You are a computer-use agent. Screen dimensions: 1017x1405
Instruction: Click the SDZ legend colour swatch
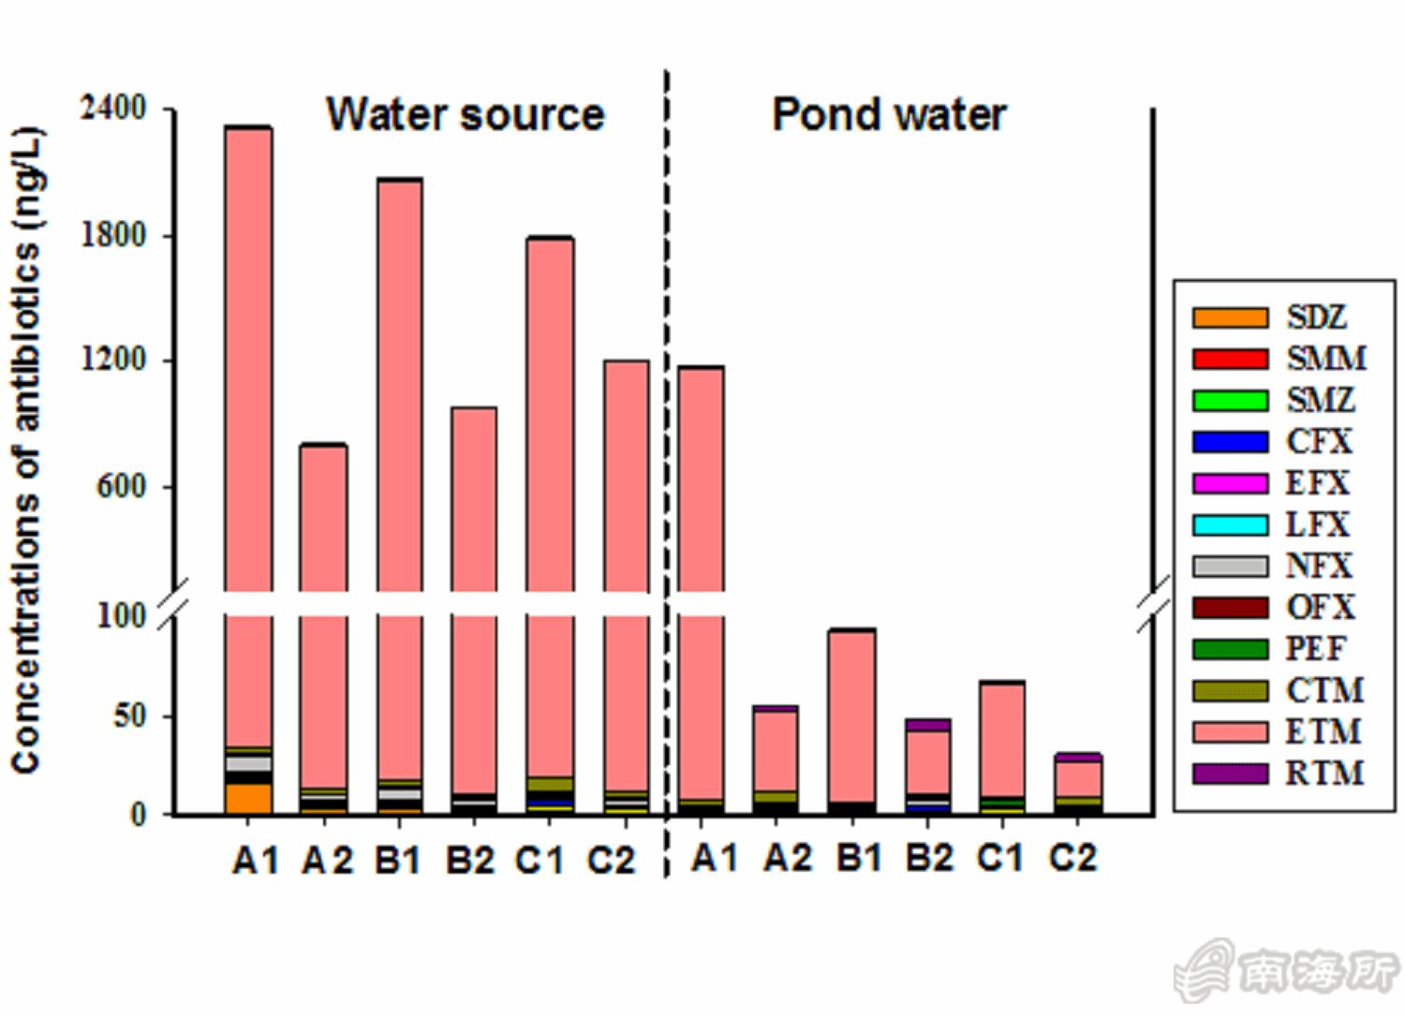pyautogui.click(x=1230, y=317)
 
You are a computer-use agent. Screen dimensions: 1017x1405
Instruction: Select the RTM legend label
pyautogui.click(x=1324, y=774)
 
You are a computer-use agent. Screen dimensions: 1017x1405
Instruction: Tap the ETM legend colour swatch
pyautogui.click(x=1230, y=731)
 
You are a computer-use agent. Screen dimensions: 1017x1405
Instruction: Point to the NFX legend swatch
pyautogui.click(x=1230, y=566)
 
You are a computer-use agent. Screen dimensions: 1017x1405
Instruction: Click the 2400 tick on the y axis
pyautogui.click(x=113, y=108)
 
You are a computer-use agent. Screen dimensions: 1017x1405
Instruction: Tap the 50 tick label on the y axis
pyautogui.click(x=129, y=716)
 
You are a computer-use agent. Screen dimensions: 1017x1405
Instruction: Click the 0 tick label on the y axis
pyautogui.click(x=138, y=815)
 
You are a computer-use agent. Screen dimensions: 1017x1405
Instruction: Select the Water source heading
pyautogui.click(x=465, y=114)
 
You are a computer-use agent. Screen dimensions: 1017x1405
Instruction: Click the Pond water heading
pyautogui.click(x=889, y=114)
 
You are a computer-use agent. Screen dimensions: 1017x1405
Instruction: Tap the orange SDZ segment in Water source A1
pyautogui.click(x=248, y=799)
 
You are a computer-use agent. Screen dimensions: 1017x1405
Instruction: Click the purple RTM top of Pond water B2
pyautogui.click(x=927, y=725)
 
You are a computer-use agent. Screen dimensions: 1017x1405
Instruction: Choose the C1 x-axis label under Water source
pyautogui.click(x=540, y=860)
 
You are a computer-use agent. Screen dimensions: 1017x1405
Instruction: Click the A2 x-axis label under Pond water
pyautogui.click(x=787, y=858)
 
